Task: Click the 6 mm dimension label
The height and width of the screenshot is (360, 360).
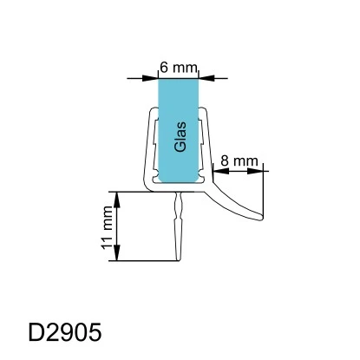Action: [x=179, y=66]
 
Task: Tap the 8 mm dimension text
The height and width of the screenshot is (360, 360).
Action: [x=237, y=160]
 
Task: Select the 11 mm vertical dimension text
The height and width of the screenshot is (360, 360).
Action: [x=107, y=226]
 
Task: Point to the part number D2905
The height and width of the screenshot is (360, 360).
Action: [x=65, y=332]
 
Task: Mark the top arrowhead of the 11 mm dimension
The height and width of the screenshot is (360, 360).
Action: [x=119, y=195]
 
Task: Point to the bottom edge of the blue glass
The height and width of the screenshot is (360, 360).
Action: [x=179, y=181]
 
